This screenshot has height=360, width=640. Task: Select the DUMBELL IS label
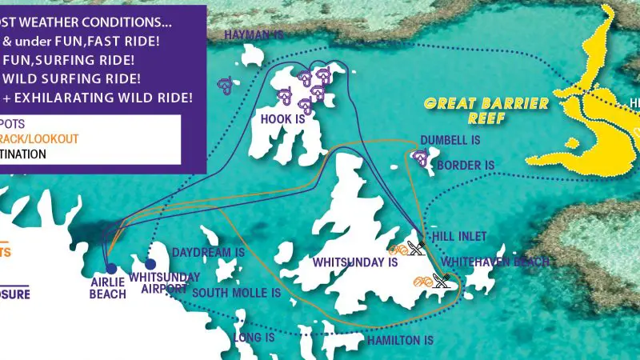click(x=450, y=139)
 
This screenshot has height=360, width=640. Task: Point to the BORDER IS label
click(x=466, y=166)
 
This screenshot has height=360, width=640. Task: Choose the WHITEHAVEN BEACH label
click(x=495, y=262)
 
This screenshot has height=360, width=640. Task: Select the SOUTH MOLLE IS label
click(x=236, y=293)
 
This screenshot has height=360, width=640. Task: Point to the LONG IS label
click(x=254, y=338)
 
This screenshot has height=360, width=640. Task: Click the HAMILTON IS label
click(x=400, y=340)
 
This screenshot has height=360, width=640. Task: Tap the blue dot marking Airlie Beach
click(x=110, y=269)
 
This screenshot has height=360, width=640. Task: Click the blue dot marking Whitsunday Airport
click(x=151, y=264)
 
